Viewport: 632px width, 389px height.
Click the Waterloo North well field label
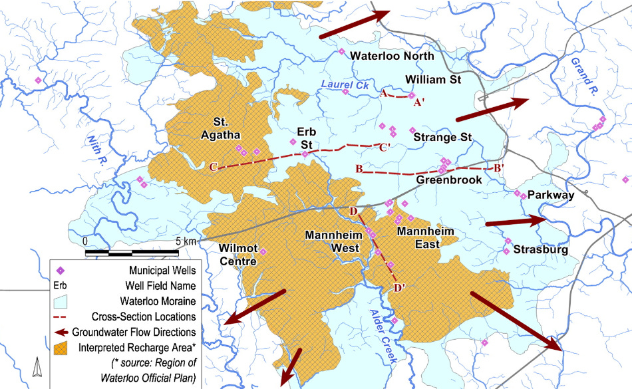point(392,56)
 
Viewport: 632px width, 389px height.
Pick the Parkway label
point(550,195)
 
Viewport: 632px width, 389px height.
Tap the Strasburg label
point(540,251)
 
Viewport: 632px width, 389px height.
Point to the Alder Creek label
point(383,338)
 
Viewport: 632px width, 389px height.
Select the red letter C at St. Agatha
point(213,168)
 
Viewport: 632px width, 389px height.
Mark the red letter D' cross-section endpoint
point(400,287)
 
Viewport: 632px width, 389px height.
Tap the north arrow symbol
point(38,365)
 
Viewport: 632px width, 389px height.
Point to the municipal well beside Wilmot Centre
point(263,251)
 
